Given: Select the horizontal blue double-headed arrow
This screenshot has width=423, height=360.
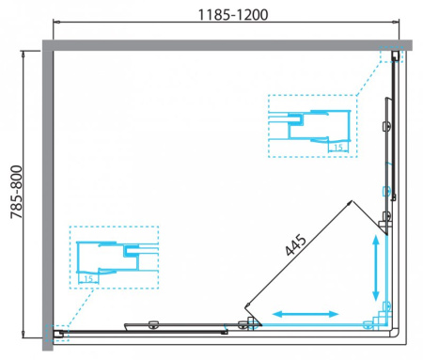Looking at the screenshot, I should [306, 311].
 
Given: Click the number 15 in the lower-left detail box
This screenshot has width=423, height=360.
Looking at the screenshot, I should [88, 277].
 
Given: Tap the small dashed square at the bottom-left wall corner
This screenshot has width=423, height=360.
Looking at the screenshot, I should [55, 333].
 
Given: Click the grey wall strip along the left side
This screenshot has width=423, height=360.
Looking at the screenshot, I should [46, 188].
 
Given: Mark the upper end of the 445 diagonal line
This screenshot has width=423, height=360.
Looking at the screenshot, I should [349, 202].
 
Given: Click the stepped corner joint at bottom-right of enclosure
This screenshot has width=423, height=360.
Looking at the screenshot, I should [384, 317].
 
